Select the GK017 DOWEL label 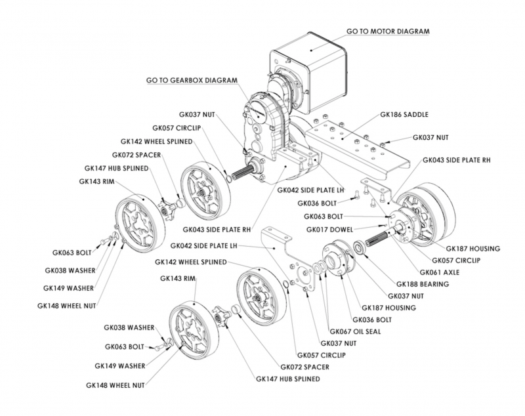[x=331, y=230]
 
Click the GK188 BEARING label [x=428, y=284]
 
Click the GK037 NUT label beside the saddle [x=430, y=138]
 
